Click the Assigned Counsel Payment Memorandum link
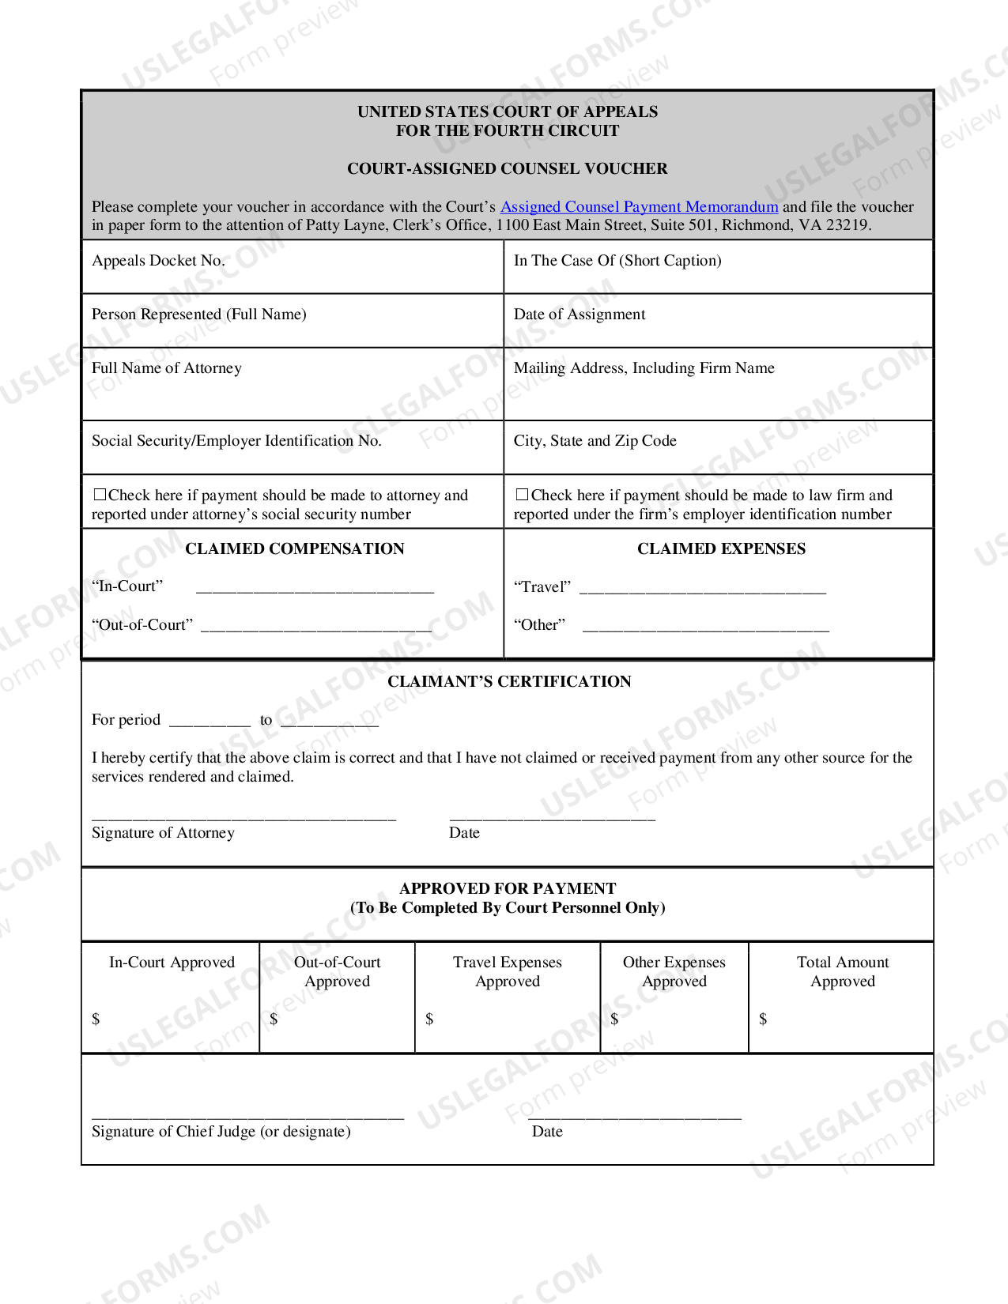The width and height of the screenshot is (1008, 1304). [x=639, y=207]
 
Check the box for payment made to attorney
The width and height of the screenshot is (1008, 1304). [x=100, y=495]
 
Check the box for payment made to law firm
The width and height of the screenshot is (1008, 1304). [x=522, y=495]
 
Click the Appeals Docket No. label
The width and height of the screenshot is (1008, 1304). [x=158, y=261]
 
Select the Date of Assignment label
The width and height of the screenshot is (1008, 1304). [x=580, y=315]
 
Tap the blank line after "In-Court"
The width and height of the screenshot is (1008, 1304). [x=315, y=589]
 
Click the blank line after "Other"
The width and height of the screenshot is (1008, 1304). [x=705, y=628]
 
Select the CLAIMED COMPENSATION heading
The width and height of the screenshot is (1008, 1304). [x=294, y=549]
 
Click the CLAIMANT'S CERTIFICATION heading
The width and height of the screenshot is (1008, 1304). [x=509, y=682]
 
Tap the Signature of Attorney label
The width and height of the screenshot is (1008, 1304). [x=163, y=833]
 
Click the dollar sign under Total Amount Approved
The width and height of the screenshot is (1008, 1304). [x=763, y=1019]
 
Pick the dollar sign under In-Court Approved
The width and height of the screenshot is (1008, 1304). [x=96, y=1019]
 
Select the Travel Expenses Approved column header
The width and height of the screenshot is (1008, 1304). [x=508, y=972]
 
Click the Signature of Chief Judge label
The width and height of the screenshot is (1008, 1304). [x=221, y=1132]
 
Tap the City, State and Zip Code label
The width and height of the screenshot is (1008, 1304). [x=595, y=441]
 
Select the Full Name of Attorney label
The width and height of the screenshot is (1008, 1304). [x=167, y=368]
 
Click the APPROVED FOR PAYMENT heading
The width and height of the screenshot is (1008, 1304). [x=508, y=889]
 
